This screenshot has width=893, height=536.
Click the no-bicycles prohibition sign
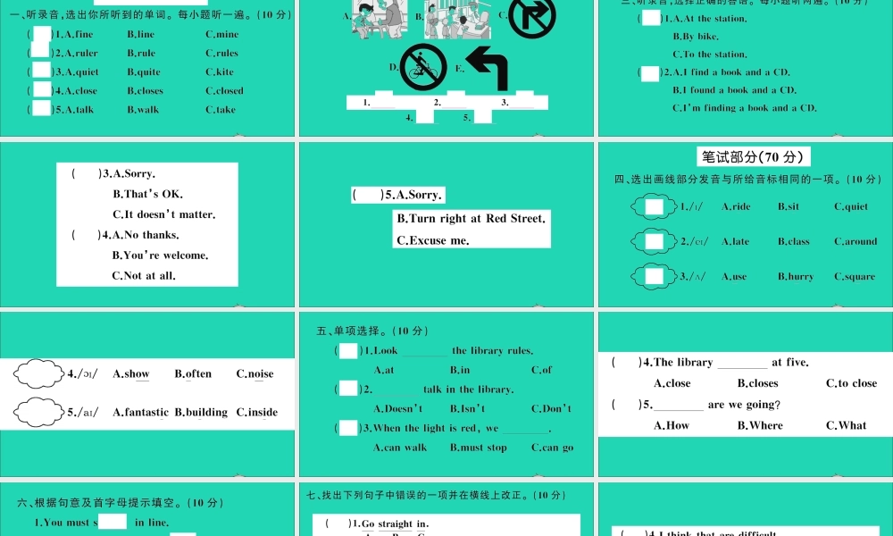[423, 68]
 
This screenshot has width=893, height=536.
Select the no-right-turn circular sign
[531, 17]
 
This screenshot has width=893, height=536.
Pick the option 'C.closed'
[224, 90]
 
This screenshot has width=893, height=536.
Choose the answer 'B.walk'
[143, 109]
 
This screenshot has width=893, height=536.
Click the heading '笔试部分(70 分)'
[754, 157]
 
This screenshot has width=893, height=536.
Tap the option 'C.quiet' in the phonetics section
[851, 206]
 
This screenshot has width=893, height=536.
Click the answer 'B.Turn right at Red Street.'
[471, 218]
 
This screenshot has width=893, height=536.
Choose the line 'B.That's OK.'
[148, 194]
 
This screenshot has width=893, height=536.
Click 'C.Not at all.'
[144, 275]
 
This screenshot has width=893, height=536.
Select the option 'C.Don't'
[551, 408]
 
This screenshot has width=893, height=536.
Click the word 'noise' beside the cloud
[261, 373]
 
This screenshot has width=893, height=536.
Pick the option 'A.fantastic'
[140, 412]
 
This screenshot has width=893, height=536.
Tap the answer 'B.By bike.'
[696, 37]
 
